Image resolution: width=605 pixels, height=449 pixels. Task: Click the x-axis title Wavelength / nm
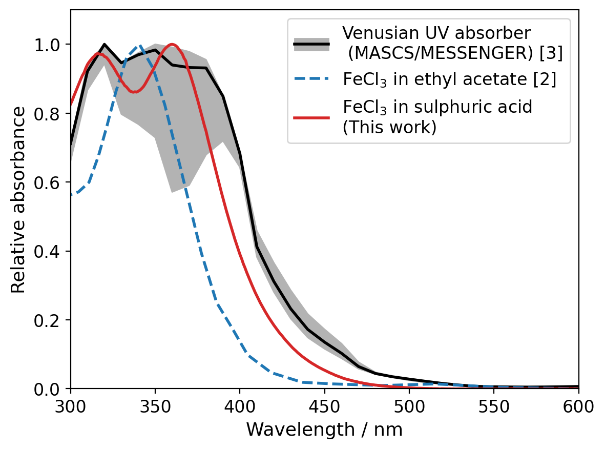point(324,430)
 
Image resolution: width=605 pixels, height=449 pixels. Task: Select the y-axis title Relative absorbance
point(18,200)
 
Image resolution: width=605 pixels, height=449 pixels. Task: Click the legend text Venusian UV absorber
point(436,33)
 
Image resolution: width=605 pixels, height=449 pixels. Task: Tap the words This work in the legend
point(389,127)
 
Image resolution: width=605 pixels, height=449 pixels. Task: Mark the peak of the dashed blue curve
point(138,45)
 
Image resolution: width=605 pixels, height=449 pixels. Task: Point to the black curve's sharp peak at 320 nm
point(105,45)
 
